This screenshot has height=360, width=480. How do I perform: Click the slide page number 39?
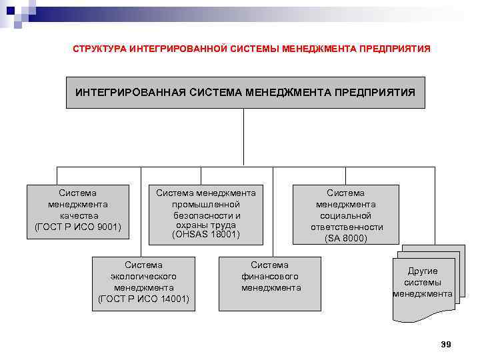coord(446,344)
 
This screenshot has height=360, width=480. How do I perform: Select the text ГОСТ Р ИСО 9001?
coord(78,227)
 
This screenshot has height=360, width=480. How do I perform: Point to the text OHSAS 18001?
coord(205,235)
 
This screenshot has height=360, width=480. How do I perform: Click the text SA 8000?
coord(346,237)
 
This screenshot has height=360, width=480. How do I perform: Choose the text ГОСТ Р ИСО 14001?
coord(143,299)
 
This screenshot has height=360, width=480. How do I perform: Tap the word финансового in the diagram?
coord(270,276)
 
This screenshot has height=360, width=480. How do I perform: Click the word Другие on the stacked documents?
coord(423,271)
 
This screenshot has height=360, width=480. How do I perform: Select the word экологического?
coord(143,276)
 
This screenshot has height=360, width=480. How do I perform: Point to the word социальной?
coord(345,215)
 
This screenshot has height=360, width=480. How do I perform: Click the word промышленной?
coord(205,204)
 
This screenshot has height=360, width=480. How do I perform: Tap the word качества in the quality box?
coord(79,215)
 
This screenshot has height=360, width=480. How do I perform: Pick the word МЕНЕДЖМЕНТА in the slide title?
coord(319,49)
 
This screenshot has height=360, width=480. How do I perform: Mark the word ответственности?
coord(345,227)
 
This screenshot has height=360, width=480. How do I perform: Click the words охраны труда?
coord(205,225)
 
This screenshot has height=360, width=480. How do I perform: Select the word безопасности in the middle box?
coord(205,215)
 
